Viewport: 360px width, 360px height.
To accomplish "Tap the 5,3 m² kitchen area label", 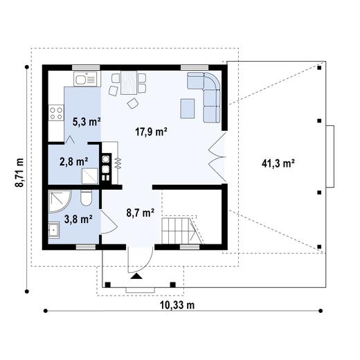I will point(86,121).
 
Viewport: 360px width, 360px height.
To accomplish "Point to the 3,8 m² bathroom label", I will point(78,219).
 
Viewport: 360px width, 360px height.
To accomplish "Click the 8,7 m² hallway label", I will point(138,213).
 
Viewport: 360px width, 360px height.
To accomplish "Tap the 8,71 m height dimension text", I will point(20,171).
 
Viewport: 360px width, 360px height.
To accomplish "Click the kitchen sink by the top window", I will point(84,80).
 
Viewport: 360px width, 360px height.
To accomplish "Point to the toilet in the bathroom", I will point(84,200).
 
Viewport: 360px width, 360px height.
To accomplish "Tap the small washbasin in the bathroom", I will point(54,230).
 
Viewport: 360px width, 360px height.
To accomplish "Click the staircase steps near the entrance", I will point(177,229).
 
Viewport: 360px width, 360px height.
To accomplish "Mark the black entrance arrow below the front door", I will point(136,276).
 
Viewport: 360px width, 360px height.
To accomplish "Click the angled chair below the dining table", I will point(132,103).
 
